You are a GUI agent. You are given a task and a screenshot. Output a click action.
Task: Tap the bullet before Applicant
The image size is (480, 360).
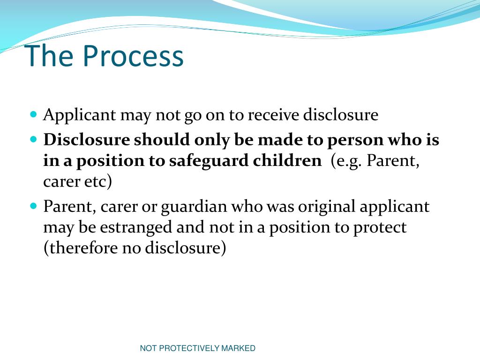tap(33, 114)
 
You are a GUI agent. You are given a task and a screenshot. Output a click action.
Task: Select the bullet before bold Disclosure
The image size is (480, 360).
tap(33, 139)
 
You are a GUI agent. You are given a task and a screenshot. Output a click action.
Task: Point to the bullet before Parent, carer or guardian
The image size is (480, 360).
tap(33, 206)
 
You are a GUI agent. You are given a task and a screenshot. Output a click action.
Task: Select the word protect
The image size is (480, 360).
tap(380, 228)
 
